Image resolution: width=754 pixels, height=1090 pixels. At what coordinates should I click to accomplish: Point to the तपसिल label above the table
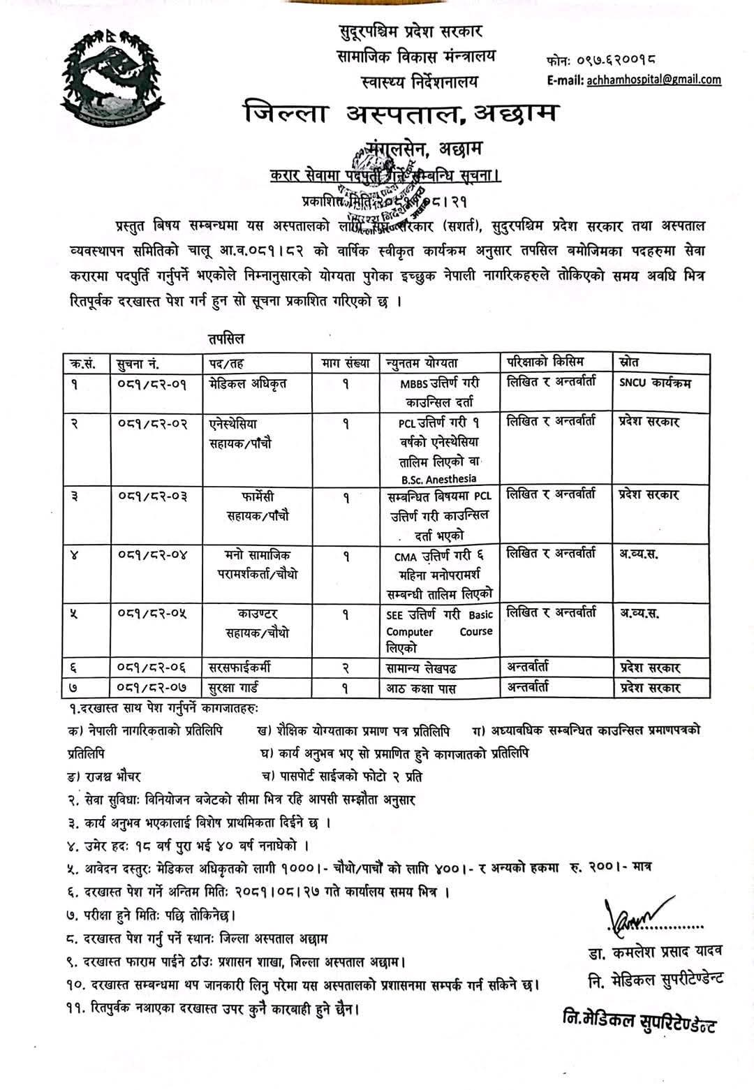[226, 339]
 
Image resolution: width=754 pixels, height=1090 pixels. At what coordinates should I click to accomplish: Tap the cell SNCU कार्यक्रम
[655, 383]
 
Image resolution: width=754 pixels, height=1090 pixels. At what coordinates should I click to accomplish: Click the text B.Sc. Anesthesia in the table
[438, 478]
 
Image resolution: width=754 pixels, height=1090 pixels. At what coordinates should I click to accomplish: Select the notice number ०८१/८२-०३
[151, 497]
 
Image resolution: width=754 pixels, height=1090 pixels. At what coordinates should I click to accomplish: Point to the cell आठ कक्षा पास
[422, 688]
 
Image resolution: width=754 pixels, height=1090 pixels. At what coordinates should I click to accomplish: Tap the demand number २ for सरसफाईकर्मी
[346, 668]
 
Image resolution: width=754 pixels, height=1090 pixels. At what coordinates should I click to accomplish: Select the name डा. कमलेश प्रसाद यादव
[654, 952]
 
